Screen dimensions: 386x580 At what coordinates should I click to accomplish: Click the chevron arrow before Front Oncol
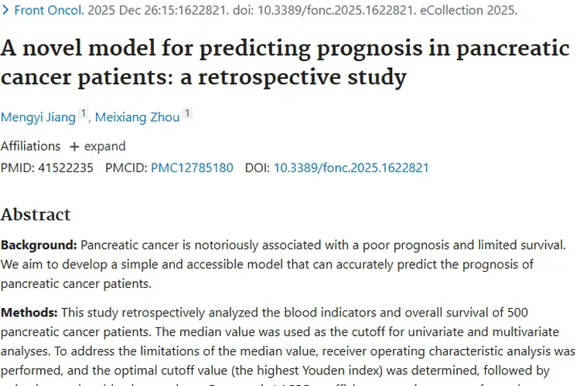pyautogui.click(x=6, y=11)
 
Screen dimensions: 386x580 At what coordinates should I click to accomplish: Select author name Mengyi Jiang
pyautogui.click(x=38, y=117)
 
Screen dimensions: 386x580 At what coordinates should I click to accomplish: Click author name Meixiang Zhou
pyautogui.click(x=137, y=117)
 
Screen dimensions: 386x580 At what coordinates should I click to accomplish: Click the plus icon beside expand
pyautogui.click(x=74, y=147)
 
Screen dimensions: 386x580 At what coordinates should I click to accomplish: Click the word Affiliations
pyautogui.click(x=30, y=146)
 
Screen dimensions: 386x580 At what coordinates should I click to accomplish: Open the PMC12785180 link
pyautogui.click(x=192, y=168)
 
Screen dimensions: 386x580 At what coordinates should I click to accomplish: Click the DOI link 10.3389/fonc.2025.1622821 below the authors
pyautogui.click(x=351, y=168)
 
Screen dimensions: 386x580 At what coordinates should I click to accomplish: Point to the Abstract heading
pyautogui.click(x=36, y=215)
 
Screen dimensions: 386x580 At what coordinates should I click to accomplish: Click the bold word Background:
pyautogui.click(x=39, y=245)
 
